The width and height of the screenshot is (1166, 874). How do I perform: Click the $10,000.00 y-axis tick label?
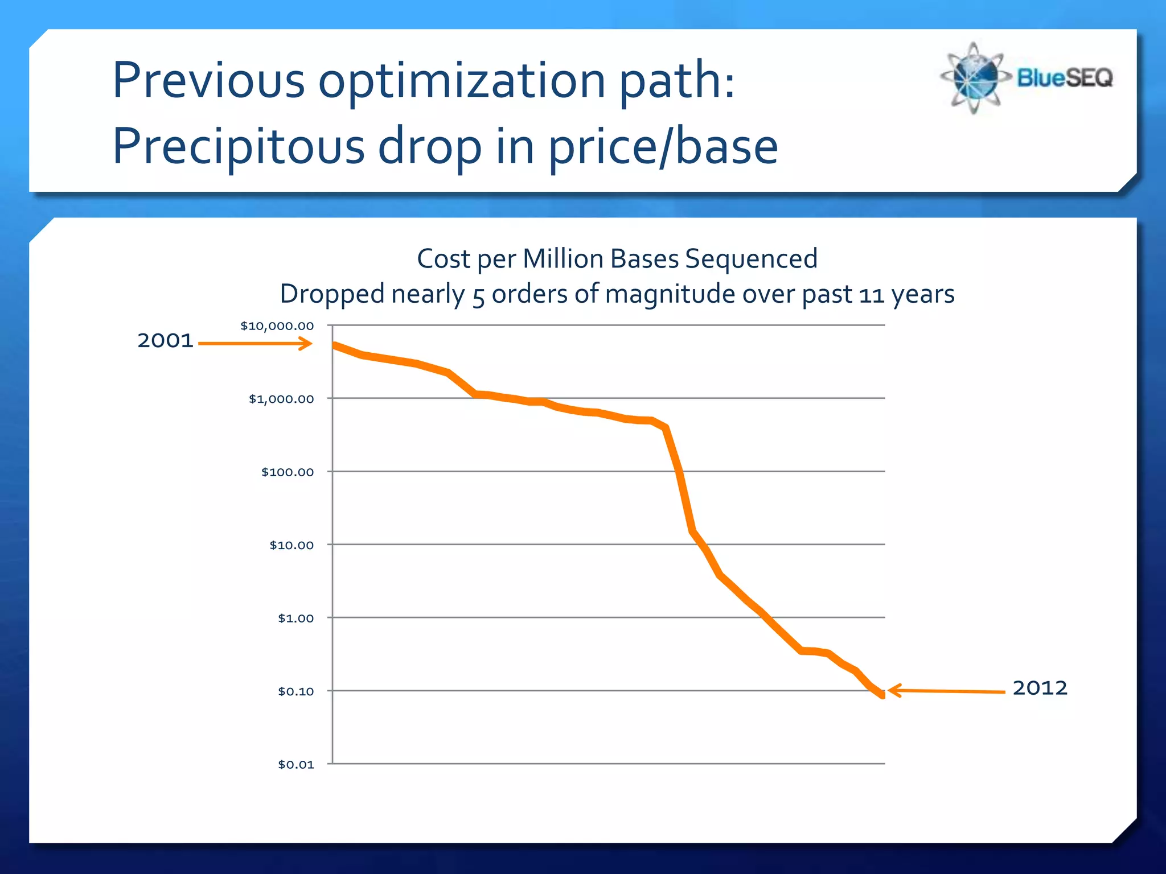click(x=277, y=326)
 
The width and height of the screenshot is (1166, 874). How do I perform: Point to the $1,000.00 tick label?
click(x=281, y=399)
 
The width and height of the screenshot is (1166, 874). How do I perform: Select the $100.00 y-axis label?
click(x=287, y=472)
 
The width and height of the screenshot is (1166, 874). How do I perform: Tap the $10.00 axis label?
click(x=291, y=545)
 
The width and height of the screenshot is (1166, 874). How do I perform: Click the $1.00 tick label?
click(x=295, y=618)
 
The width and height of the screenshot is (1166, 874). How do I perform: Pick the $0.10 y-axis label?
click(x=295, y=691)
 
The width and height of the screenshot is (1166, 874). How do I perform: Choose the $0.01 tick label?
click(x=295, y=764)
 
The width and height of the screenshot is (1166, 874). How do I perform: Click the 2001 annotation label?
click(x=165, y=341)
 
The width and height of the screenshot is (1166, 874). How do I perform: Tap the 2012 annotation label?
click(x=1040, y=688)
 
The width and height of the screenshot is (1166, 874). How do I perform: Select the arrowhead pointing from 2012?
click(x=894, y=690)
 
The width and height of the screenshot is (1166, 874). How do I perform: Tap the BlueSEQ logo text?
click(x=1064, y=77)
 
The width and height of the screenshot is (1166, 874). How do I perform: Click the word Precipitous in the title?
click(x=238, y=146)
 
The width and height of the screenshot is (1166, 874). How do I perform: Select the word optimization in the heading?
click(x=462, y=80)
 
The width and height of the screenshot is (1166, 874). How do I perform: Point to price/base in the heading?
click(x=663, y=146)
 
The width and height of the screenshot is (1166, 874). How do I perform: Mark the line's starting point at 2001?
click(x=335, y=345)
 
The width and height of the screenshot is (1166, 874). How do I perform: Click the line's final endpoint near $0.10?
click(x=882, y=695)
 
